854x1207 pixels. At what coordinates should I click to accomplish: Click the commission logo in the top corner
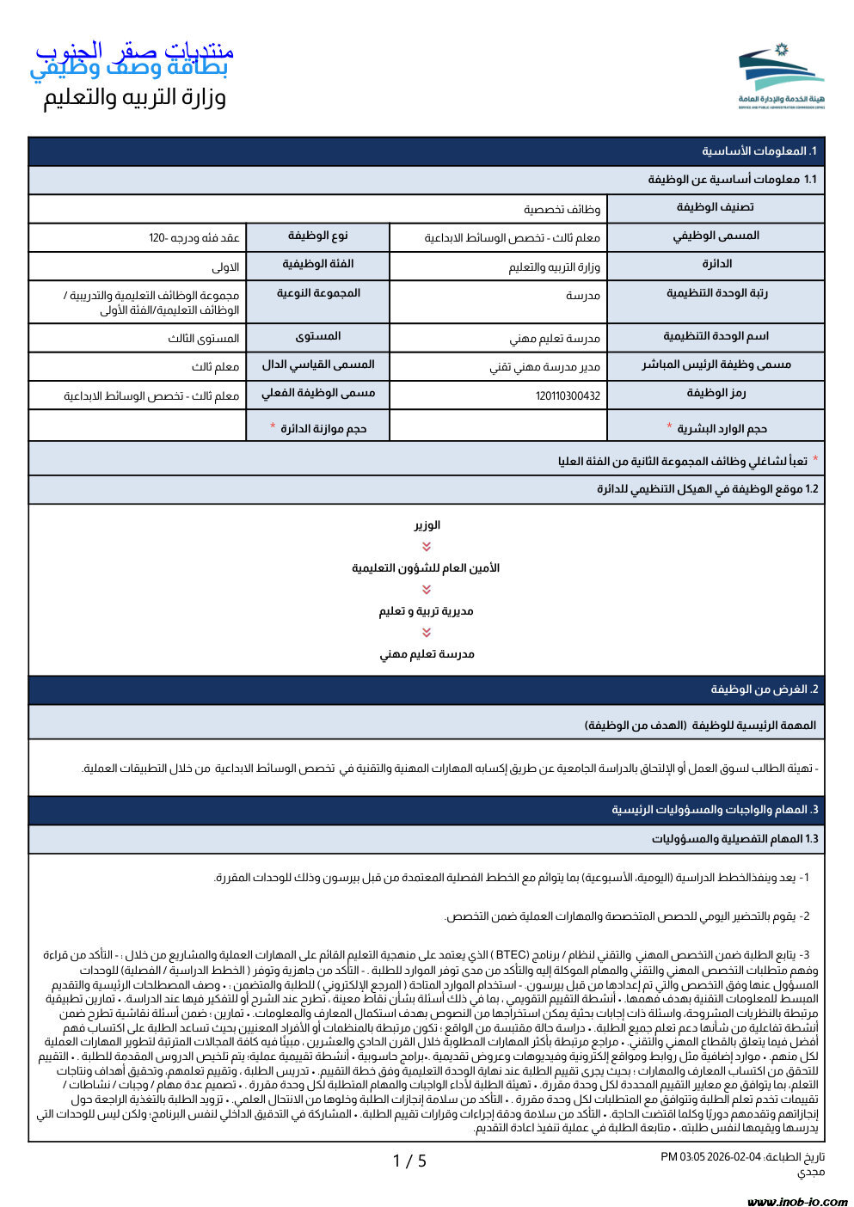click(x=780, y=77)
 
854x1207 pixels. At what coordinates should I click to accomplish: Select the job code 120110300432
click(x=568, y=396)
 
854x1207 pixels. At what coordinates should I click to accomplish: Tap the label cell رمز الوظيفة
click(x=716, y=393)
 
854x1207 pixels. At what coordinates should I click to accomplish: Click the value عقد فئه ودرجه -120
click(x=194, y=238)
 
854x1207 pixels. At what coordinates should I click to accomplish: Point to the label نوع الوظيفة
click(x=317, y=236)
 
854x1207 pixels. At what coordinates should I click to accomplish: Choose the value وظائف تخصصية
click(x=562, y=210)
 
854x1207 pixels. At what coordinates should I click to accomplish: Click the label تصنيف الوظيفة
click(x=715, y=207)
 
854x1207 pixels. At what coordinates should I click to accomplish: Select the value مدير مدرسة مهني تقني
click(x=544, y=368)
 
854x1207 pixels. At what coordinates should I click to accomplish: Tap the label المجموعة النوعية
click(x=318, y=293)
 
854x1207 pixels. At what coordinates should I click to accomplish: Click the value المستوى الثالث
click(x=204, y=339)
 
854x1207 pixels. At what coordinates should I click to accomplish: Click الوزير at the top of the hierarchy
click(x=427, y=525)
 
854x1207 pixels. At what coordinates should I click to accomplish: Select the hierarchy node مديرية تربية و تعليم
click(x=427, y=611)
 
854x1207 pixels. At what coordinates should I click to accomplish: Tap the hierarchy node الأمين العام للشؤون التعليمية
click(x=427, y=568)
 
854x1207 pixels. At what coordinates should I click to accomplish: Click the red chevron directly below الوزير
click(x=427, y=547)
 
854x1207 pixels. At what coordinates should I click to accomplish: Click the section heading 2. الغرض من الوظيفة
click(x=764, y=689)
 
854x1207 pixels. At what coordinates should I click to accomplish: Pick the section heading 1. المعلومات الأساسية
click(x=759, y=151)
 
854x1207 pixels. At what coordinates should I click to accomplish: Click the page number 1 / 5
click(x=409, y=1161)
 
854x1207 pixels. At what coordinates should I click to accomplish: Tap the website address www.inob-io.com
click(x=797, y=1201)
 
